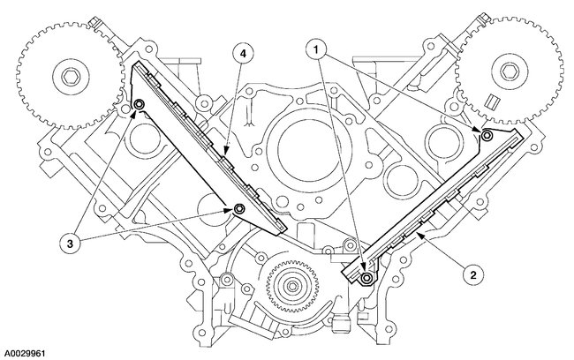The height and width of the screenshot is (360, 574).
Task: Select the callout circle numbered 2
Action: coord(474,274)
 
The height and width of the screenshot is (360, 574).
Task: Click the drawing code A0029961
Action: coord(30,350)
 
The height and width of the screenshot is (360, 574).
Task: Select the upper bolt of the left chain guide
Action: coord(140,109)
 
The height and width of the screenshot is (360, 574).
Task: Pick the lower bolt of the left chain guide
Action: coord(239,209)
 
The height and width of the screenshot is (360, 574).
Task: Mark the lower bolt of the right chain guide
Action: coord(366,280)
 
